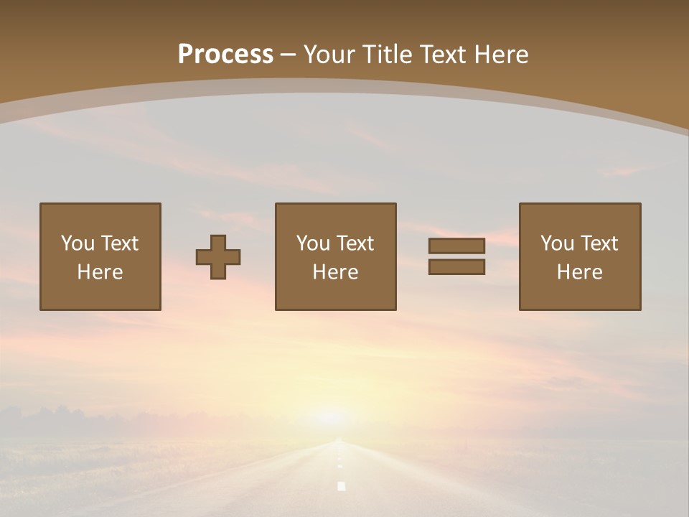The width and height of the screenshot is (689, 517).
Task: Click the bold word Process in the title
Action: click(x=225, y=55)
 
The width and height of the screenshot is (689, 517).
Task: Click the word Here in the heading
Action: click(x=502, y=55)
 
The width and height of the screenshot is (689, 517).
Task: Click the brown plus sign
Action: click(x=218, y=257)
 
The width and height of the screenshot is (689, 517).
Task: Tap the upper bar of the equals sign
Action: click(x=456, y=246)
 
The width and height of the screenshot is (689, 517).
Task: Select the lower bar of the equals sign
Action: click(x=456, y=266)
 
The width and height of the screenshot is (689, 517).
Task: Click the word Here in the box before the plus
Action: click(x=100, y=272)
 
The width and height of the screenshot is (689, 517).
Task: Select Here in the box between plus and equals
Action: click(x=335, y=272)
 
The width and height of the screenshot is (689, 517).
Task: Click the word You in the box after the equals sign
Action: click(x=557, y=243)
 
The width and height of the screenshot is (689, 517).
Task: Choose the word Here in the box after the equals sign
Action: click(x=579, y=272)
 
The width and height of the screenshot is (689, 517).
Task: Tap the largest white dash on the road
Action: click(x=342, y=486)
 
